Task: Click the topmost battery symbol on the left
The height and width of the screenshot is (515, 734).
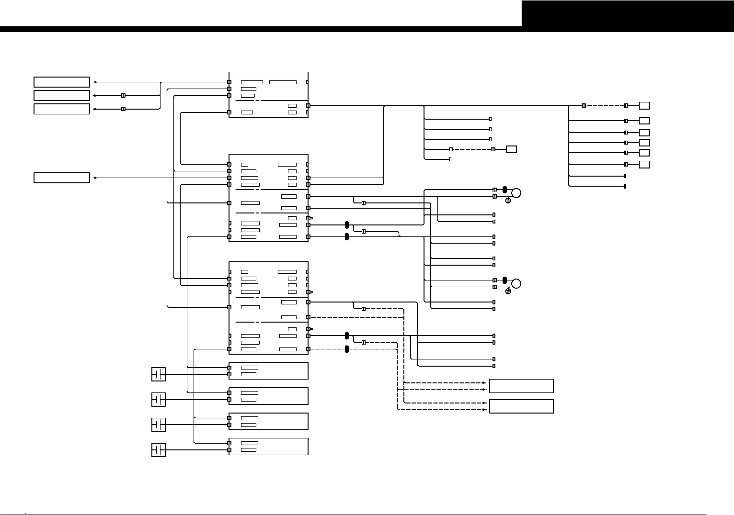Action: (159, 374)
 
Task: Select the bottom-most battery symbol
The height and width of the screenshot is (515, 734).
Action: (159, 450)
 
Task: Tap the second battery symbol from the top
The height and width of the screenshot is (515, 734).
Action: (159, 399)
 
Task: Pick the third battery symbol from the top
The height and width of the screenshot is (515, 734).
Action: (159, 425)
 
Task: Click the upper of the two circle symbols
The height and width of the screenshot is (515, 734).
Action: (516, 193)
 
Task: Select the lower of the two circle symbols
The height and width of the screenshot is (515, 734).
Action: (516, 283)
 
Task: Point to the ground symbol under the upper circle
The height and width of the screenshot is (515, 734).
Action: (508, 200)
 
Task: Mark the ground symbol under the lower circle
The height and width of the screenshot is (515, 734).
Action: (508, 291)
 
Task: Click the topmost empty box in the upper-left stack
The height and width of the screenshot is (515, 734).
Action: (62, 82)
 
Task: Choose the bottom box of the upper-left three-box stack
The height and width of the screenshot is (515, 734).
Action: (62, 109)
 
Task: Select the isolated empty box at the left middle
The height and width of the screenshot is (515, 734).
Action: (62, 178)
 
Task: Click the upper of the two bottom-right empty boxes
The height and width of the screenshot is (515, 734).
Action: (521, 386)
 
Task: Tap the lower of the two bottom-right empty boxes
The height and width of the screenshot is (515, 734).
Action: (521, 406)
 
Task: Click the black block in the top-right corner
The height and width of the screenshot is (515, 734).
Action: (628, 13)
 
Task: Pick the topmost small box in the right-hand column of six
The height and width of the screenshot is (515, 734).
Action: (644, 105)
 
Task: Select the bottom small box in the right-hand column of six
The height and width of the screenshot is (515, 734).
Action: (644, 165)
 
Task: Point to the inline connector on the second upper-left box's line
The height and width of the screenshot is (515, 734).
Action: (123, 95)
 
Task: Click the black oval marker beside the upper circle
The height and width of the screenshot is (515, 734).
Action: (505, 190)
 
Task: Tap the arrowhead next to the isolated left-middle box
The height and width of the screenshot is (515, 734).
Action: (95, 178)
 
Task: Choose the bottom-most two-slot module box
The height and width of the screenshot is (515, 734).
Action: (268, 447)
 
